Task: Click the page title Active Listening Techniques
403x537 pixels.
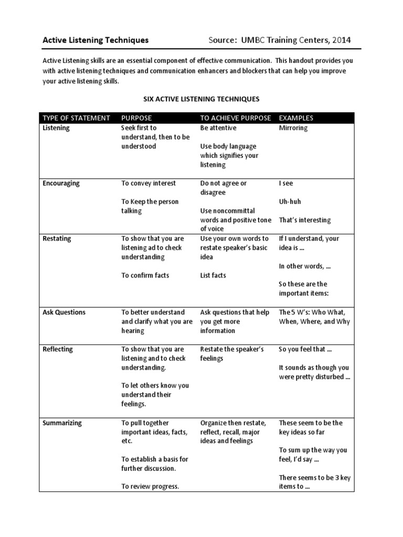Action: click(96, 40)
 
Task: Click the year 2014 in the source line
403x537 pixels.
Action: click(338, 40)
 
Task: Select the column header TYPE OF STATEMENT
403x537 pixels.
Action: click(76, 118)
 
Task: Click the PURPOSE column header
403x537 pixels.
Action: click(137, 118)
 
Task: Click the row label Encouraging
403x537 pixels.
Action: click(61, 184)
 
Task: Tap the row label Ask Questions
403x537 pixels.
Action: click(63, 313)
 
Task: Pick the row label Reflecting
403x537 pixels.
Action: click(58, 349)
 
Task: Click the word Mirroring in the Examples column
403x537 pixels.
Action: click(293, 128)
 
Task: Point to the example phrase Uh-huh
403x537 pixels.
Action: click(290, 202)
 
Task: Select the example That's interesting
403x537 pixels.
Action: click(305, 220)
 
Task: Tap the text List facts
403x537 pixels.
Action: click(213, 275)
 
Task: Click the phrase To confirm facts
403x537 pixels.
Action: click(145, 275)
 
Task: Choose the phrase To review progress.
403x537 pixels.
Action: click(150, 487)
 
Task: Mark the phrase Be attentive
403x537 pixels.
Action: click(218, 128)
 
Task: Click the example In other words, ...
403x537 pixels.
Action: click(305, 266)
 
